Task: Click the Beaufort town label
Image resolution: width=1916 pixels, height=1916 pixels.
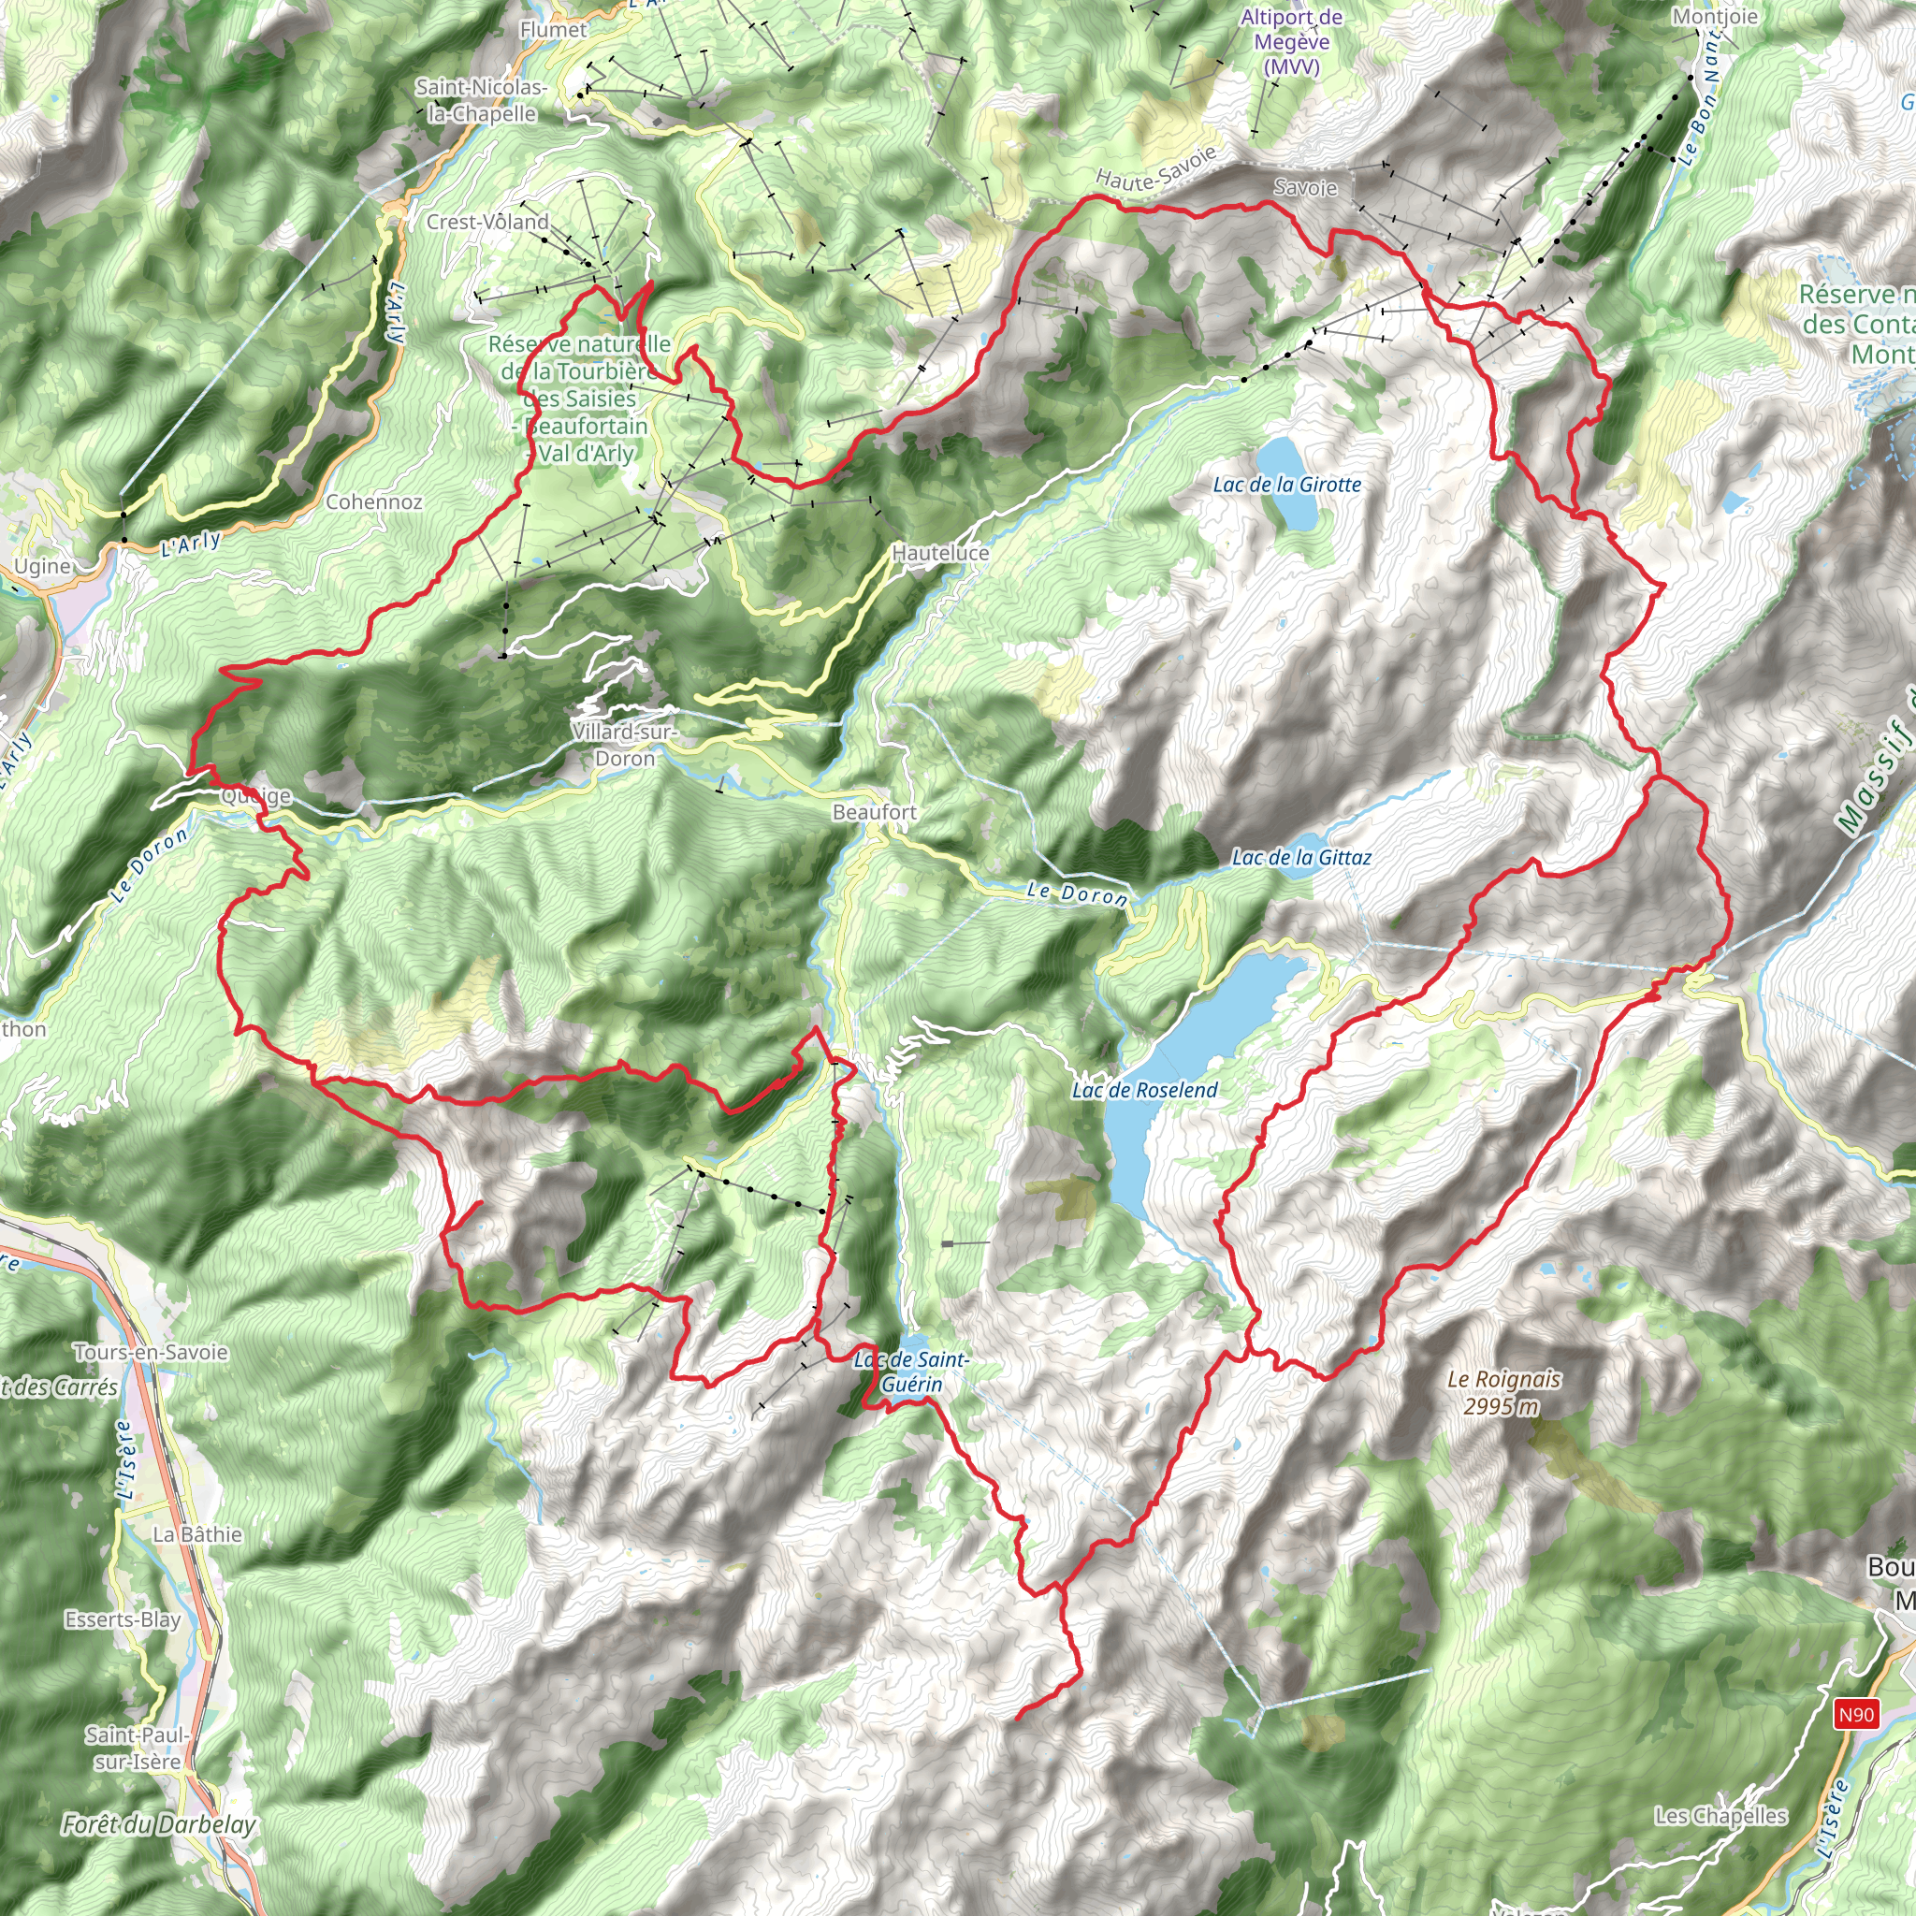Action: (874, 812)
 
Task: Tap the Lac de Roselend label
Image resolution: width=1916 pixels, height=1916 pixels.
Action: (1144, 1090)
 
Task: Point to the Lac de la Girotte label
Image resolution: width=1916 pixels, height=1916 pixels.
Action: (1286, 485)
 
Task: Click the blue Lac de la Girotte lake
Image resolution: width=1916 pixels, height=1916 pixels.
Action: (1287, 469)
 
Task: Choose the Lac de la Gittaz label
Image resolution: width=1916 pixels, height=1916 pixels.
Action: (1300, 858)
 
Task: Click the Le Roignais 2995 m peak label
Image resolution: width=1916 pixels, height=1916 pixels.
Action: (1502, 1392)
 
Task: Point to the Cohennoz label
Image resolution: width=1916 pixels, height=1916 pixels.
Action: (374, 501)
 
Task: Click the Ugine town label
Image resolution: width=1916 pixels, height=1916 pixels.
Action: (42, 566)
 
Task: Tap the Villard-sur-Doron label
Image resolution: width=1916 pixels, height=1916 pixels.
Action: (625, 745)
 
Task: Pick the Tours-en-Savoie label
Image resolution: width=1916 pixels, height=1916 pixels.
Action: (151, 1352)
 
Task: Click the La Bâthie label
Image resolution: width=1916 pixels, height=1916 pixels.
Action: (196, 1534)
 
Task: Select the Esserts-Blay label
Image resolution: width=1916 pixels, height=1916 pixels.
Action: (123, 1619)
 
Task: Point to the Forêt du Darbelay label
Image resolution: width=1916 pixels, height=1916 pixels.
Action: (159, 1823)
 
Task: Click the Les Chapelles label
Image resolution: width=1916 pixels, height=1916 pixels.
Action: (1720, 1816)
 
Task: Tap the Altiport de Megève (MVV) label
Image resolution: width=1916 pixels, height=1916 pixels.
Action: (1291, 42)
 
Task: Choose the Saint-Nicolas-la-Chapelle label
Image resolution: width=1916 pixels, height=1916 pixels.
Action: (481, 100)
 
